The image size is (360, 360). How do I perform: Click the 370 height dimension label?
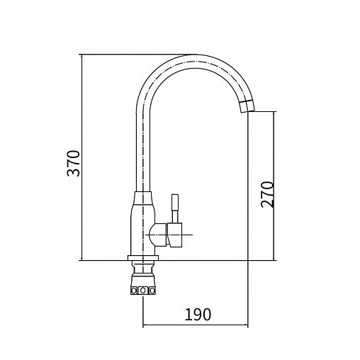tap(74, 163)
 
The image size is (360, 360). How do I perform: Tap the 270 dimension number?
tap(267, 194)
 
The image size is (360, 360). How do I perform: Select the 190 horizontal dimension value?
tap(198, 315)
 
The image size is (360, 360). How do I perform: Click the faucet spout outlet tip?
tap(248, 111)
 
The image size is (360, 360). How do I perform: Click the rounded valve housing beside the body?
tap(158, 235)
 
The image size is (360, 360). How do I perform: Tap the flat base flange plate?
tap(143, 258)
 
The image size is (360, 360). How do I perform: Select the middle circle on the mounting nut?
tap(142, 290)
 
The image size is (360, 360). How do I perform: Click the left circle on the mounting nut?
tap(134, 291)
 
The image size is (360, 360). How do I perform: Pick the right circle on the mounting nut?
tap(152, 291)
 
